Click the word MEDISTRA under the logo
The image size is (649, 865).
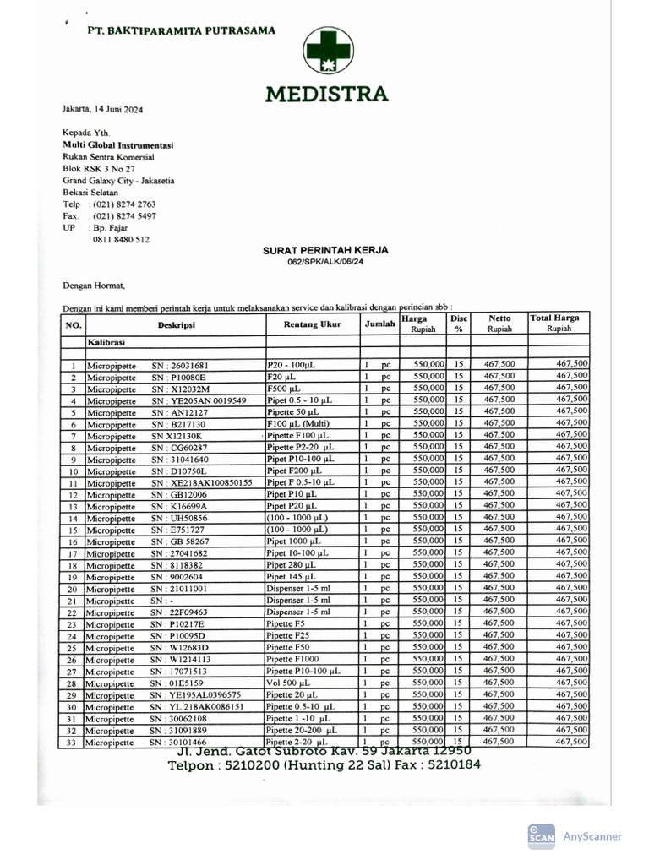(x=326, y=93)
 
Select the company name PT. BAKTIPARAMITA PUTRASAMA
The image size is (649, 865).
(x=182, y=30)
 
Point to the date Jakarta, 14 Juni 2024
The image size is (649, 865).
(x=102, y=109)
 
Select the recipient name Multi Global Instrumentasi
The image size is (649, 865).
(x=117, y=144)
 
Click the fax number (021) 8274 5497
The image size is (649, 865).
(x=124, y=215)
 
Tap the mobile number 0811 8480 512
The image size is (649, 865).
(x=121, y=239)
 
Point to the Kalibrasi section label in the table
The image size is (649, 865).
(x=107, y=343)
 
